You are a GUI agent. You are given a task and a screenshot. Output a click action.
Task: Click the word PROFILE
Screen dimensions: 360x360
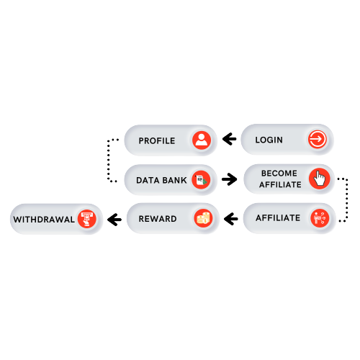pos(157,141)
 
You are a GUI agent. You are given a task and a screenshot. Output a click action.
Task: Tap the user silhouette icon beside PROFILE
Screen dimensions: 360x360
pos(202,140)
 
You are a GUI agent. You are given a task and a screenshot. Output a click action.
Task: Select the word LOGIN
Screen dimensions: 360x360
pos(269,140)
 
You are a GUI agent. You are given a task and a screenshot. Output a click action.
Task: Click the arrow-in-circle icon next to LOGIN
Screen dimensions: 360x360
pos(318,139)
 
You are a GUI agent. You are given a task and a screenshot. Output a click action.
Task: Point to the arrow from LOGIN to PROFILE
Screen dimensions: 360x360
pos(230,139)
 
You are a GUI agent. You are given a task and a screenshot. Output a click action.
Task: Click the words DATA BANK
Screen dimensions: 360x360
pos(161,180)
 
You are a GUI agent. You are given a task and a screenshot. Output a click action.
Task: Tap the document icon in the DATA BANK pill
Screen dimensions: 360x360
pos(201,180)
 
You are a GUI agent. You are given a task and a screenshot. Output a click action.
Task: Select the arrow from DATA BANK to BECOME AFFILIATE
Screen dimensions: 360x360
pos(230,179)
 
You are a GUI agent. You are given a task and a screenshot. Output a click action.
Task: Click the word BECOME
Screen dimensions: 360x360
pos(279,174)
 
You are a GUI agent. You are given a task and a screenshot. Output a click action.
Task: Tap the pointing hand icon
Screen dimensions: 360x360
pos(320,179)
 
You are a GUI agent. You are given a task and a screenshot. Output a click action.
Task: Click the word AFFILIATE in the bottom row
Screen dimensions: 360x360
pos(278,218)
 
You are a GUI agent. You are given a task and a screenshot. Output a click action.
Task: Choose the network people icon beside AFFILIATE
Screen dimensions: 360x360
pos(320,218)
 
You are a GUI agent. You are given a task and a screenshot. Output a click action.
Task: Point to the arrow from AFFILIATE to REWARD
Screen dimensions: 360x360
pos(231,219)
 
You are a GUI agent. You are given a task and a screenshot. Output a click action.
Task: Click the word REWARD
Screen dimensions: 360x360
pos(158,219)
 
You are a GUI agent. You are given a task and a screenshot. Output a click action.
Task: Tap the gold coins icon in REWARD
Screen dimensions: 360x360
pos(203,218)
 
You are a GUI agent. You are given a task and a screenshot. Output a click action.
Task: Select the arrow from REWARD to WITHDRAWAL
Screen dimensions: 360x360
pos(114,220)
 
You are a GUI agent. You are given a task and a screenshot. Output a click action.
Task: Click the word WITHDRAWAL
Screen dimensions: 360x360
pos(44,220)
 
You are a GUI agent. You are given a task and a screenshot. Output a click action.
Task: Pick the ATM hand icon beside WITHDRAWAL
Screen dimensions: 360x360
pos(87,219)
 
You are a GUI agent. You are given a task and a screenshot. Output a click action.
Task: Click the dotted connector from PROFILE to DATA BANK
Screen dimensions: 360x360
pos(109,160)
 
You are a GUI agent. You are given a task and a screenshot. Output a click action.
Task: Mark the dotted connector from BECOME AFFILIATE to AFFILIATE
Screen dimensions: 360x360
pos(347,199)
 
